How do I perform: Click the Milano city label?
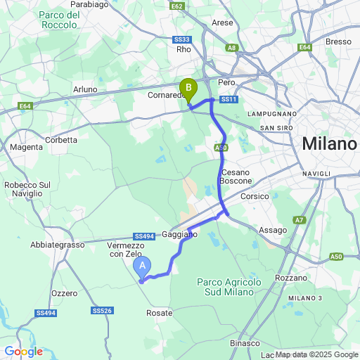[328, 144]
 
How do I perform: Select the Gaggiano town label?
[179, 233]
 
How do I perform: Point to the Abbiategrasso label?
[57, 245]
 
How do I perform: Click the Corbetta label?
[61, 140]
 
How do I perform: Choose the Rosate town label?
[159, 312]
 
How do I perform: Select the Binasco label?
[244, 342]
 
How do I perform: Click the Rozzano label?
[291, 278]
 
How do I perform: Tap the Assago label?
[273, 230]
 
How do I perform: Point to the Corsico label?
[255, 197]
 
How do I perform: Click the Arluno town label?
[84, 89]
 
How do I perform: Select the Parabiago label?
[89, 4]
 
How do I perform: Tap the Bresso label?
[338, 41]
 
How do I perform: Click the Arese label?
[222, 22]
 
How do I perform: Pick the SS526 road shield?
[102, 310]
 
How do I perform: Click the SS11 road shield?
[228, 100]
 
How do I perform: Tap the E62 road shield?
[177, 6]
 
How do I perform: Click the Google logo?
[23, 351]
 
